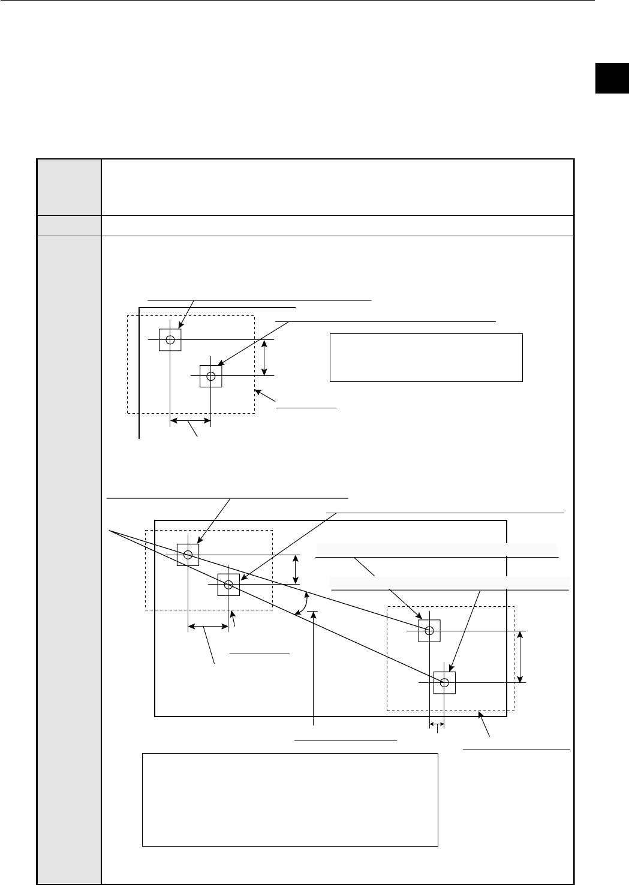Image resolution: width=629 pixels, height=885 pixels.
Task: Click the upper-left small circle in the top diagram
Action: pyautogui.click(x=170, y=340)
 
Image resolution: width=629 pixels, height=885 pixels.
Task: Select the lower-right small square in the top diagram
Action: pyautogui.click(x=210, y=376)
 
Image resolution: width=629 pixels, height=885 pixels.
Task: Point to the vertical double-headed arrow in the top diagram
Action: pyautogui.click(x=264, y=358)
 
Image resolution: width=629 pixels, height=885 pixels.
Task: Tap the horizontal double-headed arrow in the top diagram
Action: pyautogui.click(x=190, y=422)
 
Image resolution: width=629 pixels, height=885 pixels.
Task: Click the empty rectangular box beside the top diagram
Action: pyautogui.click(x=426, y=357)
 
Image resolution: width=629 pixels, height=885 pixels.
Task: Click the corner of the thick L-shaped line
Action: pyautogui.click(x=140, y=308)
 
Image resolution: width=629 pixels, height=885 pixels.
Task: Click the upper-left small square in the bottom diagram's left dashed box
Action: pyautogui.click(x=188, y=555)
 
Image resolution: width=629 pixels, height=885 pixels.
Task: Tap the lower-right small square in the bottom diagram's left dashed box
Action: pyautogui.click(x=228, y=585)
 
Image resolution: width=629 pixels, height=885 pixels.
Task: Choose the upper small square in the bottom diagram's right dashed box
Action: pyautogui.click(x=429, y=630)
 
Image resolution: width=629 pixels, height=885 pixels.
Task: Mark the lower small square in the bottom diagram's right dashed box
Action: pyautogui.click(x=444, y=682)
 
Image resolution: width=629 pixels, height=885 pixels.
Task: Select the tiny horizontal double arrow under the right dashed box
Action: pyautogui.click(x=437, y=726)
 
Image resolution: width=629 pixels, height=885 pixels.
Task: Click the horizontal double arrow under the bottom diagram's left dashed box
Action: pyautogui.click(x=208, y=627)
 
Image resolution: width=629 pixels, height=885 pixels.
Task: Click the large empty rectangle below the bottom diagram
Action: pyautogui.click(x=290, y=799)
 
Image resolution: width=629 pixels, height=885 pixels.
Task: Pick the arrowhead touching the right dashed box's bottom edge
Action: pyautogui.click(x=479, y=714)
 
